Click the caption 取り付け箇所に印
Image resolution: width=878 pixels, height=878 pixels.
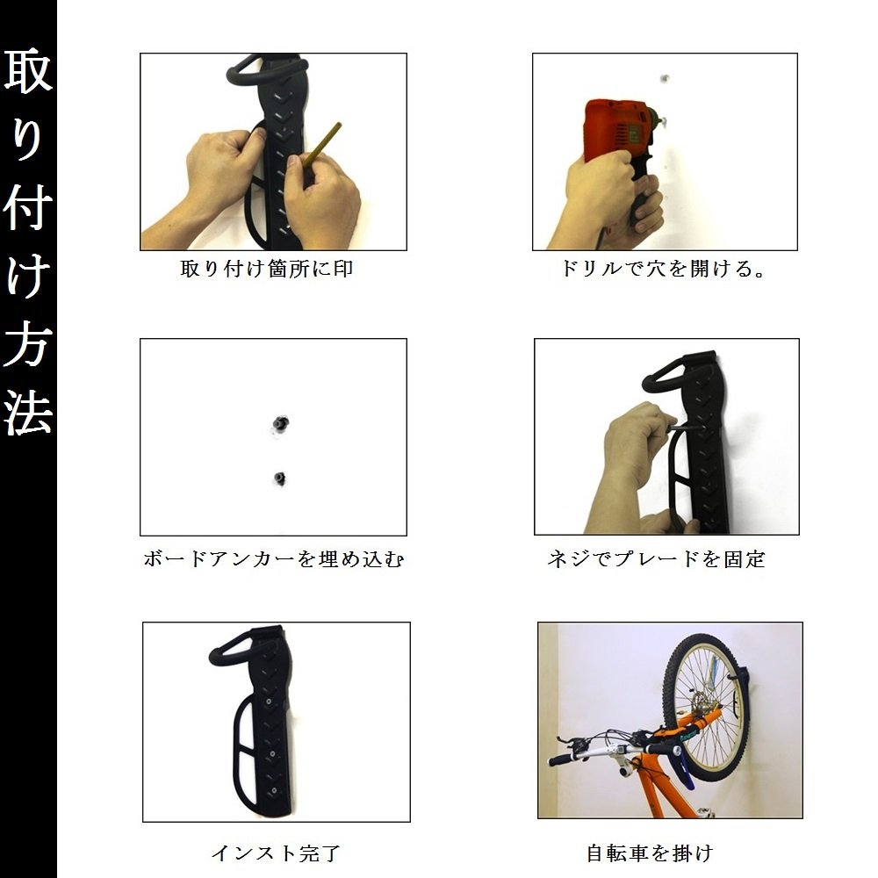(x=267, y=269)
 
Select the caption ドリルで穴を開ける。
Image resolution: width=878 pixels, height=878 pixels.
(x=663, y=269)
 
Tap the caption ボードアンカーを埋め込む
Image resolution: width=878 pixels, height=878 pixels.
(x=273, y=558)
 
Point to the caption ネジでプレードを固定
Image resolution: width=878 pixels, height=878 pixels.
(x=656, y=558)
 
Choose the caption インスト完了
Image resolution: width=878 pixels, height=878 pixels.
(x=276, y=853)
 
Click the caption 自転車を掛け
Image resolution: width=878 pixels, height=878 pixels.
(x=650, y=853)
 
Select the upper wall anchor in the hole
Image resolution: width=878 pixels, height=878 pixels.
(x=280, y=423)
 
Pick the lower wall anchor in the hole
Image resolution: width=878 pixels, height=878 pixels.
(x=279, y=479)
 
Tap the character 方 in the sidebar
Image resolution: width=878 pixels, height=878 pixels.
(x=28, y=343)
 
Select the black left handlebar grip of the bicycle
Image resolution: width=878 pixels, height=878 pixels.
(x=564, y=759)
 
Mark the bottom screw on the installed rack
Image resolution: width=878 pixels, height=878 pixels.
(x=273, y=790)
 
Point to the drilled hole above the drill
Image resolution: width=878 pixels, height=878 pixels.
(x=665, y=78)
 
